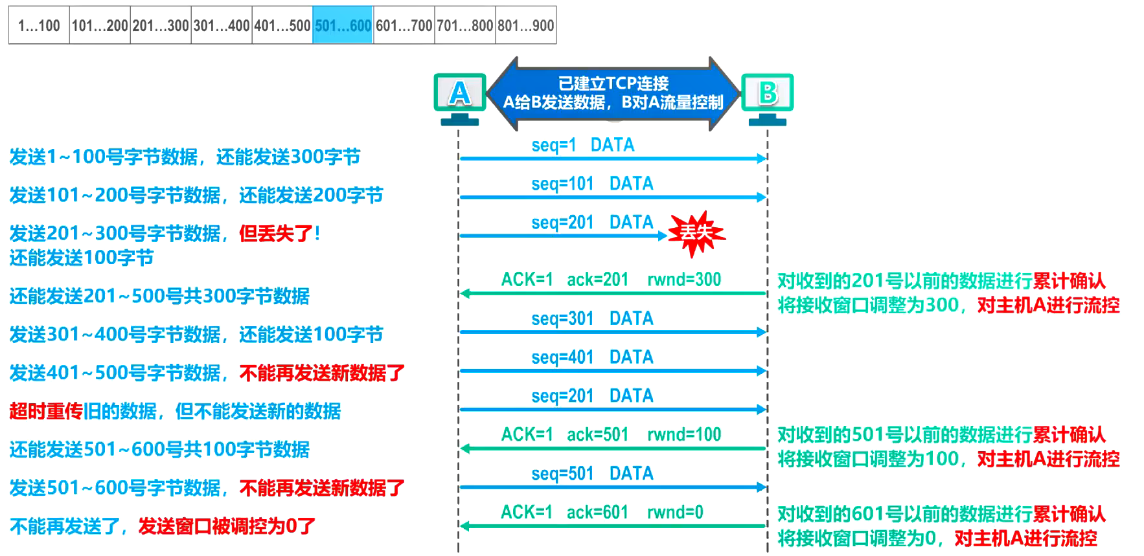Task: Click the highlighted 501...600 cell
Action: [x=343, y=26]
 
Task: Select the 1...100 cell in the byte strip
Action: [x=39, y=26]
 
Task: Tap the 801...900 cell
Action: [x=525, y=26]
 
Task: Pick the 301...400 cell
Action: [x=221, y=26]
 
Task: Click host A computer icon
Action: [x=459, y=97]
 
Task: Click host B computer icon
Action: [x=767, y=97]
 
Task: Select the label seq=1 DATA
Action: [x=582, y=145]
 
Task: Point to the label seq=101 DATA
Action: [x=592, y=184]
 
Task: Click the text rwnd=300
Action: [x=684, y=280]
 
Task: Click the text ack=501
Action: [x=597, y=434]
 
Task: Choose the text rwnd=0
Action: [x=675, y=512]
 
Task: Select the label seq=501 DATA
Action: [x=592, y=473]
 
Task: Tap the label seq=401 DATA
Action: [x=592, y=357]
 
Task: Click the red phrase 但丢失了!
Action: [x=279, y=233]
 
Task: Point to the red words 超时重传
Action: [x=45, y=411]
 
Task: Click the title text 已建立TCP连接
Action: [x=613, y=83]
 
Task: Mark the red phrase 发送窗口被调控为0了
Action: [x=227, y=526]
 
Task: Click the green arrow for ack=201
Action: [x=612, y=294]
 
